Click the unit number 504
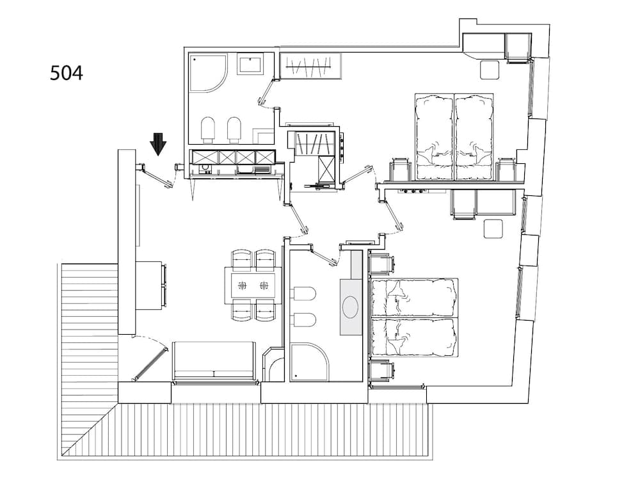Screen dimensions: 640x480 click(67, 73)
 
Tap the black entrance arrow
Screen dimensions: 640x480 click(158, 144)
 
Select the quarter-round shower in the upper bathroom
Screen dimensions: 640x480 click(208, 74)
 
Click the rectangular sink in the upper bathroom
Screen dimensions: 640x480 click(250, 65)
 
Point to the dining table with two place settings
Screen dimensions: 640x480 click(253, 285)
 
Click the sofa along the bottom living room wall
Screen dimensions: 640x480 click(214, 360)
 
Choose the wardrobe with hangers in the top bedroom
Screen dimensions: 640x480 click(308, 65)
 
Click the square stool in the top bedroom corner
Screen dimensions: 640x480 click(490, 69)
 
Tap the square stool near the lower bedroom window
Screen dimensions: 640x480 click(493, 228)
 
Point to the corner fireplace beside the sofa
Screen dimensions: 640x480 click(273, 365)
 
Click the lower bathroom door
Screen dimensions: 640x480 click(324, 255)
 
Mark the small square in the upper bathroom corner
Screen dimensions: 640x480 click(263, 136)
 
